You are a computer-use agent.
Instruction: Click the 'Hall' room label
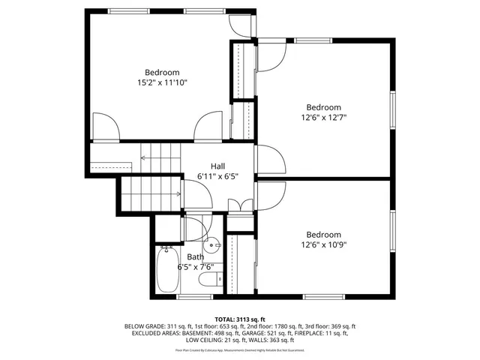[x=217, y=166]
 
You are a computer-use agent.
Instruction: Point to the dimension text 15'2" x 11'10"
[x=162, y=82]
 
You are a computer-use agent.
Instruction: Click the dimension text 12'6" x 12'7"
[x=323, y=117]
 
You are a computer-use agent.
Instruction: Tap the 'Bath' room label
[x=195, y=256]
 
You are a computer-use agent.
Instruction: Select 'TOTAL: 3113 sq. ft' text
[x=240, y=319]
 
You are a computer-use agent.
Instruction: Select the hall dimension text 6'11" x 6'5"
[x=217, y=176]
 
